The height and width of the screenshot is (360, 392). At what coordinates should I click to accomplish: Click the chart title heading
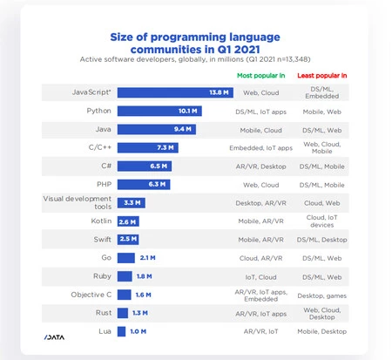click(x=196, y=43)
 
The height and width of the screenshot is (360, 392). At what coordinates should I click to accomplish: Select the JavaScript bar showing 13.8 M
click(x=173, y=92)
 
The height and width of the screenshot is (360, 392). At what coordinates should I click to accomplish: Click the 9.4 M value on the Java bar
click(x=183, y=130)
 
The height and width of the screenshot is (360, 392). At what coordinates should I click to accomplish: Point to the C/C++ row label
click(x=98, y=147)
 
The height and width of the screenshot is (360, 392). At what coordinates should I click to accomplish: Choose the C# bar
click(x=145, y=166)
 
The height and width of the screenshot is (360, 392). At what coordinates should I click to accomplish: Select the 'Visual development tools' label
click(x=78, y=202)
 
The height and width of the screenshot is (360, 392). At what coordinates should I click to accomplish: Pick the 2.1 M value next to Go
click(x=147, y=257)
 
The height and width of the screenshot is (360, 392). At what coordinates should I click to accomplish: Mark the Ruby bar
click(x=125, y=276)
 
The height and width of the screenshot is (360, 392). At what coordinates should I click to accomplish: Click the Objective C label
click(x=91, y=295)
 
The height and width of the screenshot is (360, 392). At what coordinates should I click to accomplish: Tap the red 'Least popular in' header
click(x=321, y=76)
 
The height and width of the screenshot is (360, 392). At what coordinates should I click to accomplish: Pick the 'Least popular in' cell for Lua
click(x=321, y=331)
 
